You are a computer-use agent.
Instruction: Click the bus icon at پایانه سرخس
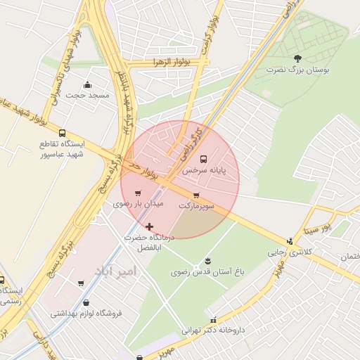click(x=204, y=158)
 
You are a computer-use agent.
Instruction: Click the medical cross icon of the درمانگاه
click(x=149, y=226)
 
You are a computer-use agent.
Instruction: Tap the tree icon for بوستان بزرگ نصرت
click(x=297, y=58)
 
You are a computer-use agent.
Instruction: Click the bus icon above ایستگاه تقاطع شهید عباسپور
click(x=62, y=133)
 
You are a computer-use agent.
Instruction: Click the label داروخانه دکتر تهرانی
click(x=212, y=329)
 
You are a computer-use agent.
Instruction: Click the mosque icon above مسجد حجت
click(x=87, y=84)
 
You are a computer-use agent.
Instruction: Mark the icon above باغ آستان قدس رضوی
click(x=207, y=262)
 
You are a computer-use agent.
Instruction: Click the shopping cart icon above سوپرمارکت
click(x=195, y=195)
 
